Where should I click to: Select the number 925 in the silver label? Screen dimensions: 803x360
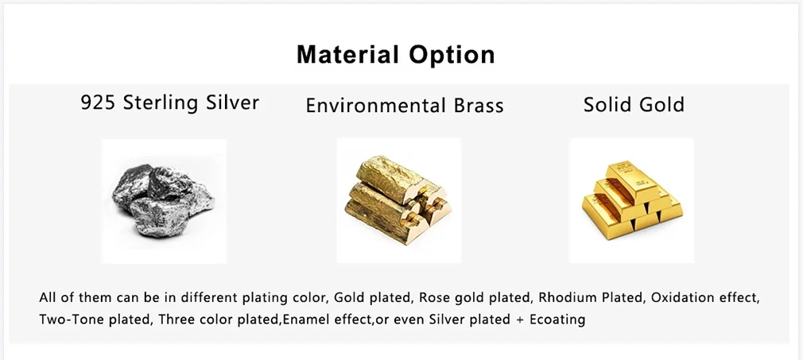[x=99, y=103]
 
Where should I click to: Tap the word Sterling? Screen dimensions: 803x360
[x=161, y=103]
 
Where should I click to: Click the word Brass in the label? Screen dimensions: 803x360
[x=479, y=106]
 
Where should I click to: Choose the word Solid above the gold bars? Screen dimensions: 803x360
[x=606, y=104]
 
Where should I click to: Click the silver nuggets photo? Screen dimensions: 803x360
[x=163, y=201]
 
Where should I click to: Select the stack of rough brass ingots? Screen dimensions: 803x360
[x=396, y=200]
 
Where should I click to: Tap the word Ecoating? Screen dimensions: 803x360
[x=557, y=320]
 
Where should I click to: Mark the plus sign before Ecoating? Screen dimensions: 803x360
[x=520, y=320]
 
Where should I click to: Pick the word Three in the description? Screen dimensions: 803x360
[x=174, y=320]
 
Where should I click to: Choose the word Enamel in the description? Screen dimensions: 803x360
[x=301, y=320]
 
